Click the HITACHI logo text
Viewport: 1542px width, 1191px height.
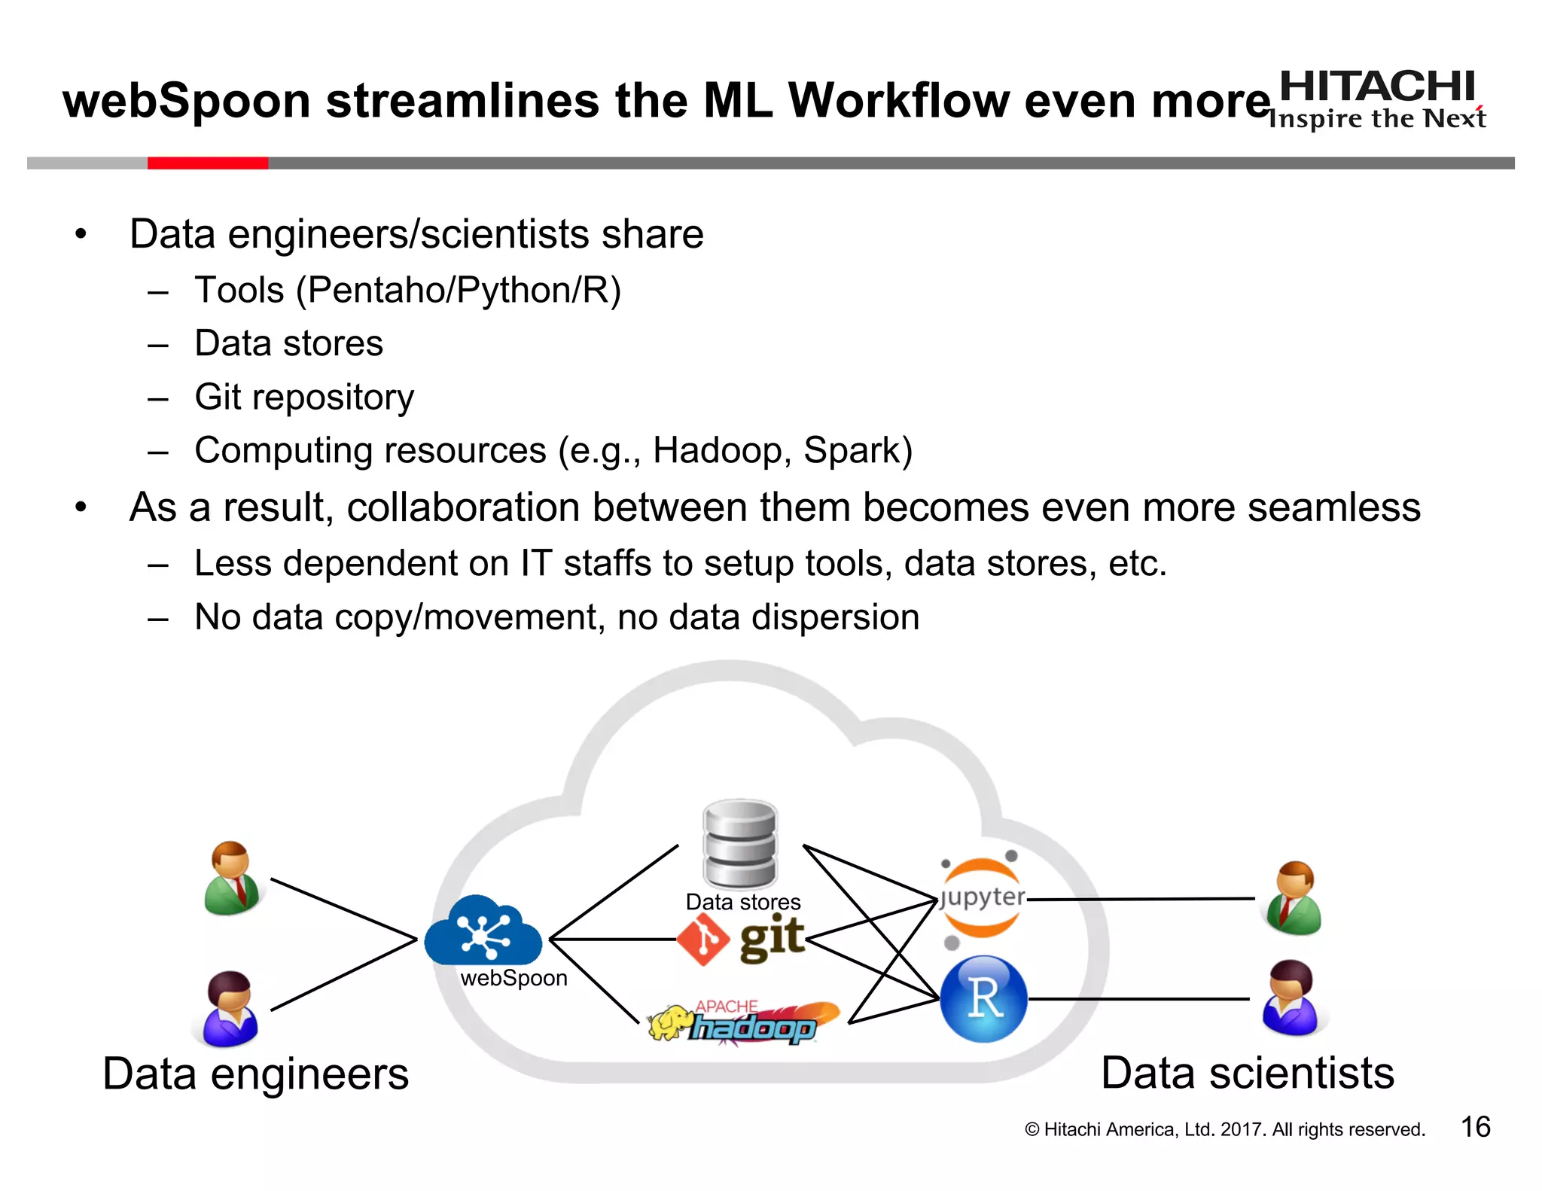tap(1376, 87)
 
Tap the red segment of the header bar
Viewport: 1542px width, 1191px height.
tap(207, 163)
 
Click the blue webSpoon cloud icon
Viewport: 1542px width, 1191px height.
tap(483, 932)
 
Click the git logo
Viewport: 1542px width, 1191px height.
tap(742, 940)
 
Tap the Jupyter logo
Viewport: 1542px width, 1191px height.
tap(982, 897)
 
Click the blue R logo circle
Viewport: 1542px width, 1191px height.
tap(983, 999)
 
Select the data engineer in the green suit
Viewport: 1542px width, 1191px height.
tap(232, 879)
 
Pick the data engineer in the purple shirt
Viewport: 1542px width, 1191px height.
tap(229, 1009)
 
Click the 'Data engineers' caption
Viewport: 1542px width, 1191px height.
tap(255, 1074)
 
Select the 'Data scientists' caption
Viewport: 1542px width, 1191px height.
tap(1247, 1073)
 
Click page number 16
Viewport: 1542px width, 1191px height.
tap(1475, 1127)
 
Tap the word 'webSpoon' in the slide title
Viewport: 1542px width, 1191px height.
tap(187, 101)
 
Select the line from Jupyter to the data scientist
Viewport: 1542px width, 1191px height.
tap(1141, 899)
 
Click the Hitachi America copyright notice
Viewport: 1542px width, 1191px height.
tap(1224, 1129)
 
